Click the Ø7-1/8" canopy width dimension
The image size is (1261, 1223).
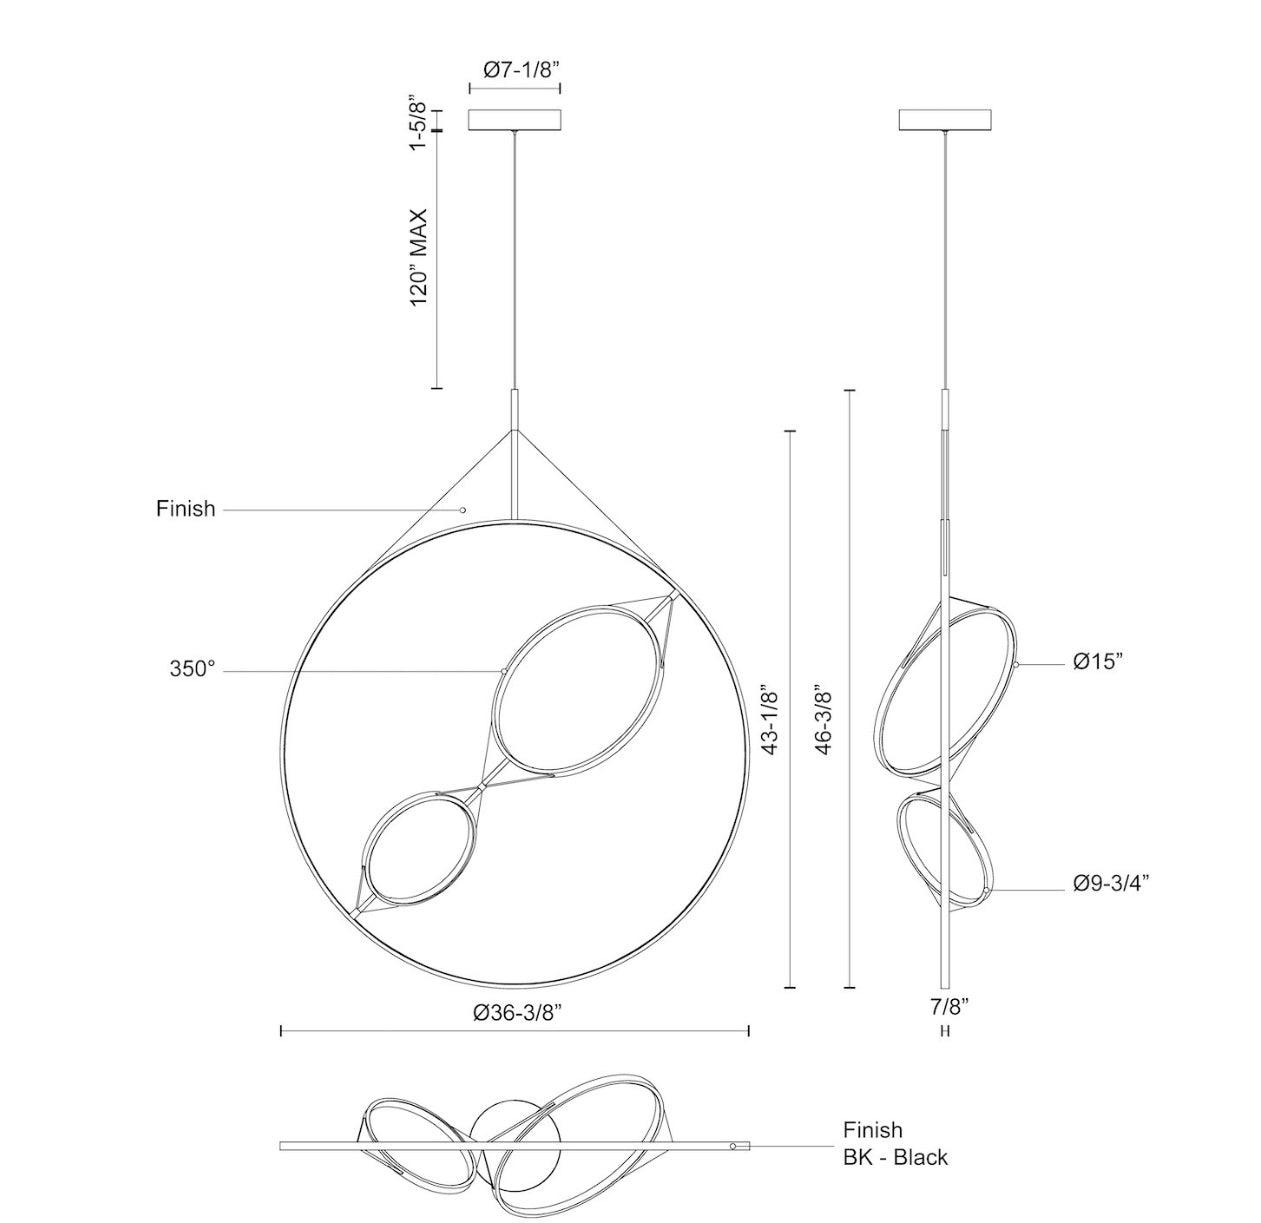(521, 69)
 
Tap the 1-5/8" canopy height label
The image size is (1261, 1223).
(419, 122)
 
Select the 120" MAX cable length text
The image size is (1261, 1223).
(419, 258)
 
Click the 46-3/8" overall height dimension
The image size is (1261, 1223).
(825, 718)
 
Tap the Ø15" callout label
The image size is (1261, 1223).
(1099, 661)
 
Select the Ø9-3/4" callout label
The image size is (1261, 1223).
(1111, 883)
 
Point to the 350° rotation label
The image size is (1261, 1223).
(192, 668)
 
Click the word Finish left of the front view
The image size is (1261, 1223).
(186, 508)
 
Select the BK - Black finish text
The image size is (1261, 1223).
(895, 1157)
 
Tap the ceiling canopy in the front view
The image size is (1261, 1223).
(515, 119)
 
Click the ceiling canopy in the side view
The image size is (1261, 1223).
(946, 119)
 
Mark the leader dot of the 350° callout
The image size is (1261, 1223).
(503, 671)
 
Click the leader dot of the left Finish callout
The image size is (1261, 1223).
(463, 510)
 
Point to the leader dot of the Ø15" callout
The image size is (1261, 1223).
(1016, 664)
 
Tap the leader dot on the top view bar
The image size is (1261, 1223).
(733, 1146)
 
